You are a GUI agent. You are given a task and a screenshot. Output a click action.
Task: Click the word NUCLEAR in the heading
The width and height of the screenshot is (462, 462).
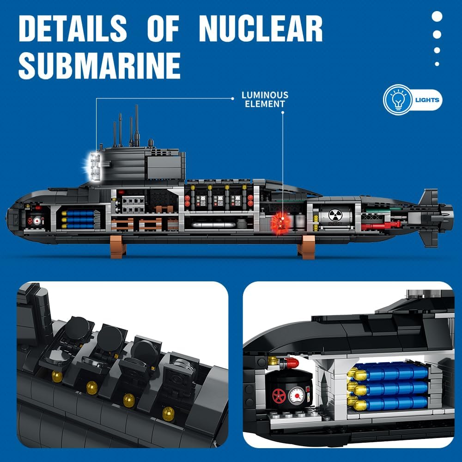261,29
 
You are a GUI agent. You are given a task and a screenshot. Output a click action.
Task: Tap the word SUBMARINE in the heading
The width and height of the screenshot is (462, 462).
100,66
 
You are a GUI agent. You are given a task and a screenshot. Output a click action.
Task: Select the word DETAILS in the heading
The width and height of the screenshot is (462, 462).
73,29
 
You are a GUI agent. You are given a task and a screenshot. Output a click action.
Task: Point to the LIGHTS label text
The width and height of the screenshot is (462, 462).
427,100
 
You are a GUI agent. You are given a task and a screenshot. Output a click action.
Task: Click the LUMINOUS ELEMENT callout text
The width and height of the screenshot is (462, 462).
265,99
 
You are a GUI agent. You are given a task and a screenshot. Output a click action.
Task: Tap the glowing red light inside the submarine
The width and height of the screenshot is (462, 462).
281,222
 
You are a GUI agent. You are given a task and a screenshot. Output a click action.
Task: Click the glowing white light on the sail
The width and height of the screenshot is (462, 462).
94,166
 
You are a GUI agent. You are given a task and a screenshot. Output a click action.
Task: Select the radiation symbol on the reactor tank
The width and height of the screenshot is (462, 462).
335,215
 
